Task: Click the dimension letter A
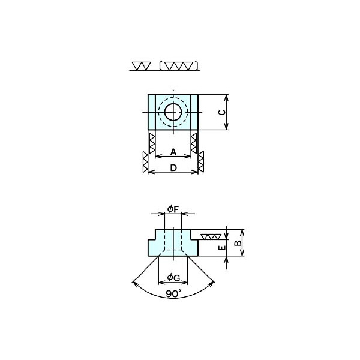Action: coord(173,152)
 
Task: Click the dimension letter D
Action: coord(173,168)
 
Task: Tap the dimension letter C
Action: coord(222,112)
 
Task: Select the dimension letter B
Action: coord(238,243)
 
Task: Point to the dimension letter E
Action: coord(222,248)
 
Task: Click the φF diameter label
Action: coord(173,209)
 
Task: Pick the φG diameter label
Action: coord(173,278)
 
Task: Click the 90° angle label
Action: coord(173,293)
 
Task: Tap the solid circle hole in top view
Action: coord(173,112)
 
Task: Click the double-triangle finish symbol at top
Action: coord(142,66)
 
